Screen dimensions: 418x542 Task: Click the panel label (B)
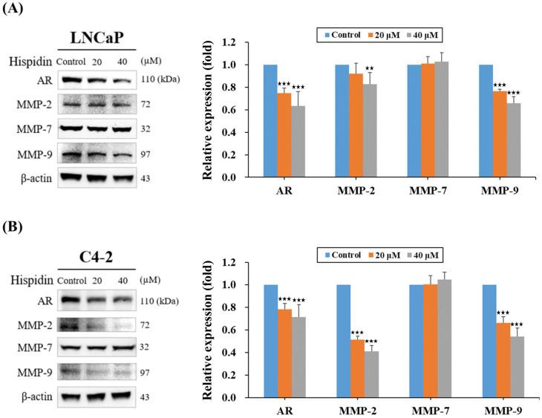pyautogui.click(x=14, y=225)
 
